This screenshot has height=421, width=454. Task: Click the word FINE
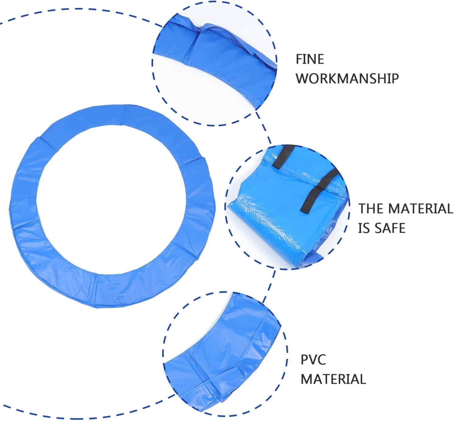310,59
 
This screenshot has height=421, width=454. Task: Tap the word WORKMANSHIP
347,78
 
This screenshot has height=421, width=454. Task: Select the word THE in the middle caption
370,209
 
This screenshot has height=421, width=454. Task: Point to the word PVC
313,360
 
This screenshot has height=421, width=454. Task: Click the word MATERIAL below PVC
333,379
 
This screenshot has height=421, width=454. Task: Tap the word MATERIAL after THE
421,209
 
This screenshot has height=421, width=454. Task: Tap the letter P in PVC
305,360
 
